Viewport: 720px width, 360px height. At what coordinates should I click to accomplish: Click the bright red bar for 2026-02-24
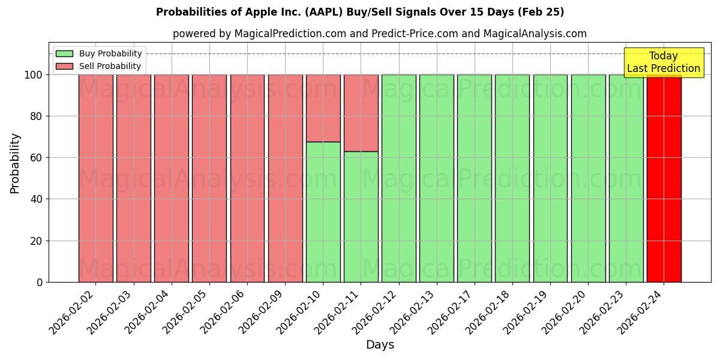point(664,178)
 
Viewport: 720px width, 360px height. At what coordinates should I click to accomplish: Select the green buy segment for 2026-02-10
point(323,212)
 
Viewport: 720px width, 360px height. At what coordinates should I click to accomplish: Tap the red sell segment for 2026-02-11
point(361,113)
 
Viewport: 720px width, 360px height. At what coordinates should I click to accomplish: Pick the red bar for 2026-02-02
point(95,178)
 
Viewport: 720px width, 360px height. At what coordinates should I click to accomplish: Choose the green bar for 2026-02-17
point(474,178)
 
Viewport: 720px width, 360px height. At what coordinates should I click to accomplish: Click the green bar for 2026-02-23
point(626,178)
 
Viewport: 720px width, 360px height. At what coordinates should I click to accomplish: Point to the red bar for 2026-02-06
point(247,178)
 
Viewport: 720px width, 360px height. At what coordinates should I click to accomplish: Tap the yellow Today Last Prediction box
point(663,62)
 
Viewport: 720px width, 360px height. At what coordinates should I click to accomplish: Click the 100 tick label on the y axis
point(33,75)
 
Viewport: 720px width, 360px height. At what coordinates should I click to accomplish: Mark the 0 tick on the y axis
point(40,282)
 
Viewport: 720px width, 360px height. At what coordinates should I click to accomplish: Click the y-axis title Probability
point(15,163)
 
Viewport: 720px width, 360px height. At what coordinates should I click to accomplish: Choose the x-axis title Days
point(380,345)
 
